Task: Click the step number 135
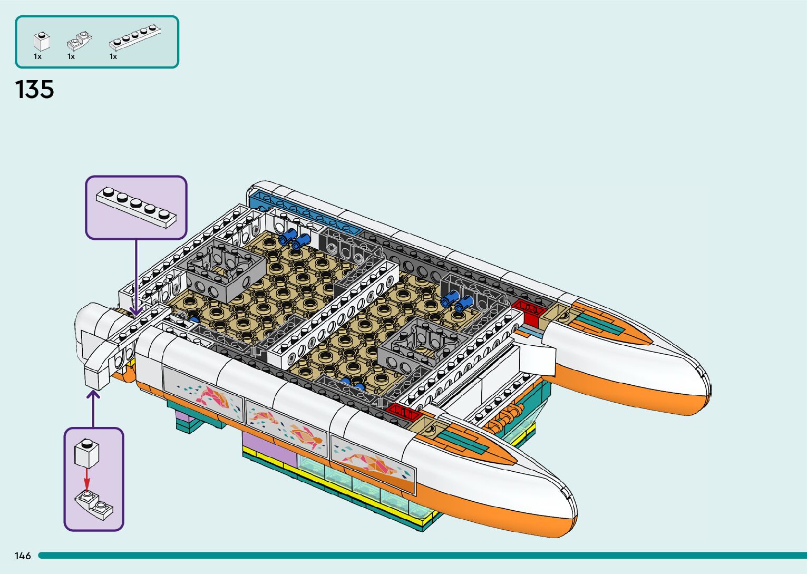35,90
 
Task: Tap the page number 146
23,556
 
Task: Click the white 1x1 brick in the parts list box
41,41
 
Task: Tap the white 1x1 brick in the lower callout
87,453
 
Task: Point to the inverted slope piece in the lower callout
94,503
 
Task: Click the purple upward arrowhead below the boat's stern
94,394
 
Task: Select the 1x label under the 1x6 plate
113,56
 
